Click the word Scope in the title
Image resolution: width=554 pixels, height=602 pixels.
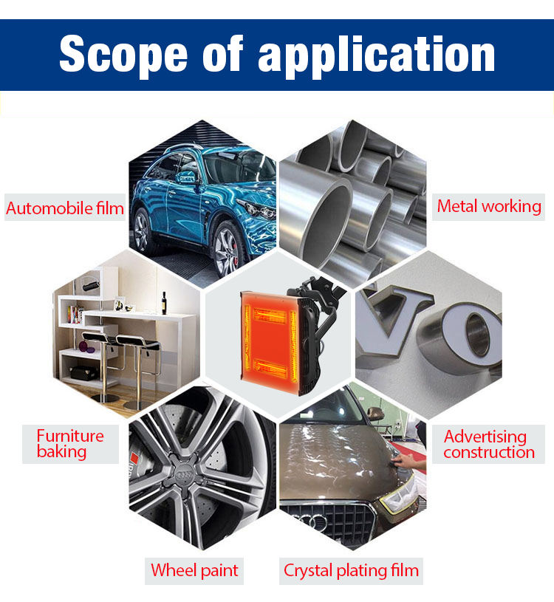tap(122, 54)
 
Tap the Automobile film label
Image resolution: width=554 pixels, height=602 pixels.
tap(65, 208)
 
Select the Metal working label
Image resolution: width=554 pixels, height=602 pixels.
tap(489, 206)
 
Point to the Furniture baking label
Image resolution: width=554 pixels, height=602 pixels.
tap(70, 443)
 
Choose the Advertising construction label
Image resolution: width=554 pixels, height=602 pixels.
tap(489, 445)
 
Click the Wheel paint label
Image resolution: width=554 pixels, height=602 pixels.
tap(194, 570)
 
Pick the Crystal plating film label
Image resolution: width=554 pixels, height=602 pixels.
tap(351, 570)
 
